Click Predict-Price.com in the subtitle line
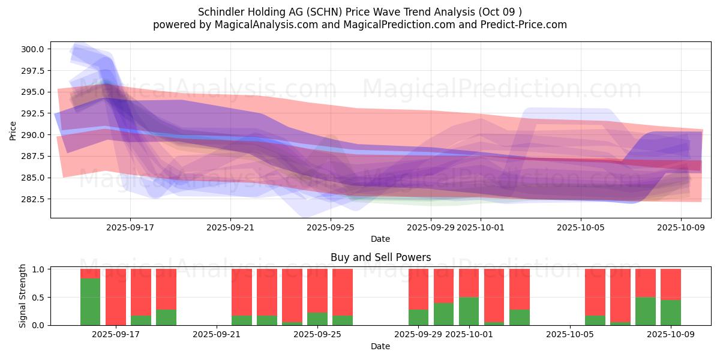523,25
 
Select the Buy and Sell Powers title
380,257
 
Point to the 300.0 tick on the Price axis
33,49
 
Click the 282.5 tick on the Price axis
33,199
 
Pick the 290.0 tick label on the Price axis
33,135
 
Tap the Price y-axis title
13,130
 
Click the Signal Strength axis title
23,296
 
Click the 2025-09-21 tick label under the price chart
230,228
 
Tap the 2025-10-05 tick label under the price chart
580,228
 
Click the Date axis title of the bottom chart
380,346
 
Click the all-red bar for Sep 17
116,297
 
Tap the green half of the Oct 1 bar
469,311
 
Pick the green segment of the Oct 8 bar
646,311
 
